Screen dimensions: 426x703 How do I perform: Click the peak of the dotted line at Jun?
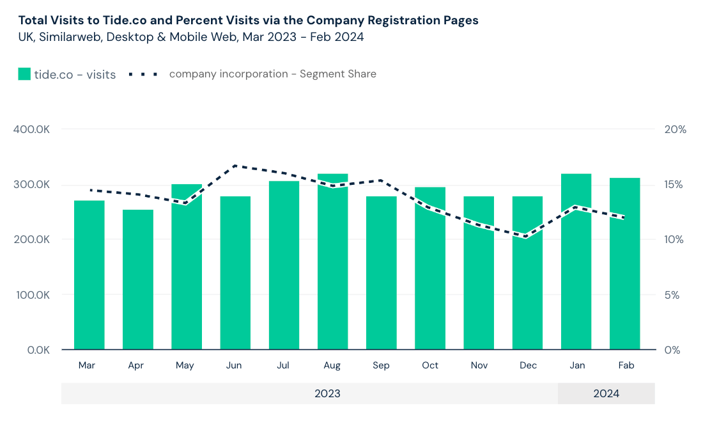(x=235, y=166)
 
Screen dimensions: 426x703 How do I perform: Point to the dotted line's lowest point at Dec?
(x=526, y=236)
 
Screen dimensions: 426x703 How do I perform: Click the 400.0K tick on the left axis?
(x=31, y=129)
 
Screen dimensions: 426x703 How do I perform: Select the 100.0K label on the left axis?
(x=31, y=296)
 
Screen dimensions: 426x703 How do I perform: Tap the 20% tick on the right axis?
(x=675, y=129)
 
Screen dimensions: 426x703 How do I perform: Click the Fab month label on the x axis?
(x=625, y=365)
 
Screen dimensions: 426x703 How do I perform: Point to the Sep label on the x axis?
(x=381, y=365)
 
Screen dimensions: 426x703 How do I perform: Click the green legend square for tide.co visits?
(x=24, y=74)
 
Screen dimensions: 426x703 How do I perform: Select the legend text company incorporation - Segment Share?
(x=272, y=74)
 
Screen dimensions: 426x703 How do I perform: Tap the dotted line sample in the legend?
(x=143, y=74)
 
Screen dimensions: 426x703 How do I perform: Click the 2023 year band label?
(x=327, y=393)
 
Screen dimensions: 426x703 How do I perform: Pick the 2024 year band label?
(x=606, y=393)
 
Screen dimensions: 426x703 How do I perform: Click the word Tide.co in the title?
(x=134, y=20)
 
